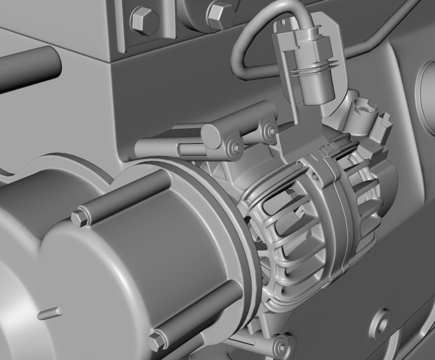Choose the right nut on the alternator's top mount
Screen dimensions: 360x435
pyautogui.click(x=269, y=129)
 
